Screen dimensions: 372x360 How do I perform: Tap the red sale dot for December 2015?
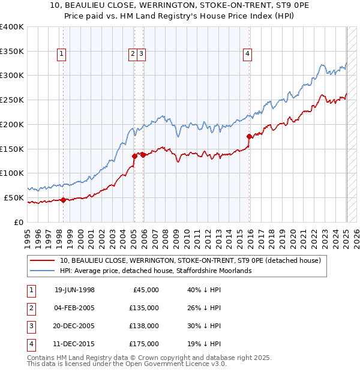[250, 137]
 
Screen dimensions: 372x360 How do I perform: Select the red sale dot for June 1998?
[64, 200]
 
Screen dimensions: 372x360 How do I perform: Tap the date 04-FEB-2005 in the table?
[74, 308]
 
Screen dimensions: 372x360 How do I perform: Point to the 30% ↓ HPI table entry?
[204, 326]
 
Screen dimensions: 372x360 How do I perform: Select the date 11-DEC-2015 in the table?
[74, 344]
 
